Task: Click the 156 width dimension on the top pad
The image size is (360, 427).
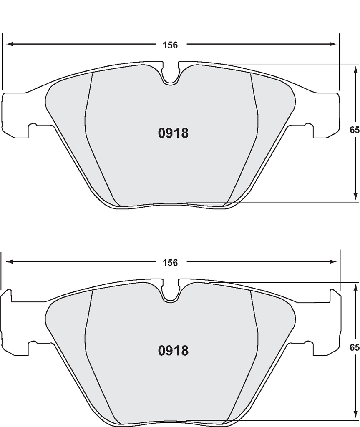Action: [170, 45]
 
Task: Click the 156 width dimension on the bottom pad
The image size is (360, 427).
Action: [170, 263]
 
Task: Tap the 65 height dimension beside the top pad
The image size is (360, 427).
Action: [355, 130]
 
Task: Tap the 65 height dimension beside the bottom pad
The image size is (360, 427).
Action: [355, 347]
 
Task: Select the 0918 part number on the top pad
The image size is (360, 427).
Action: [173, 133]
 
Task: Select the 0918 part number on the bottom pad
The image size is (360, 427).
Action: [173, 350]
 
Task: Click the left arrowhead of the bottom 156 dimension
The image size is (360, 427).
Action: [10, 262]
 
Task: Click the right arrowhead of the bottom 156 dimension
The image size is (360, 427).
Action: [333, 262]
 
